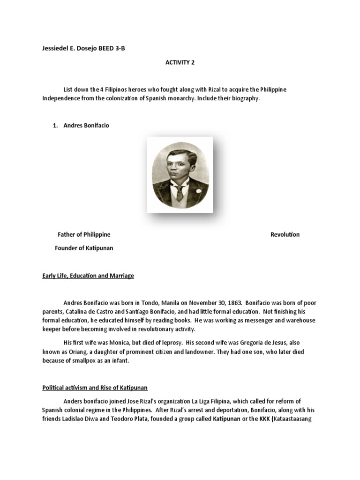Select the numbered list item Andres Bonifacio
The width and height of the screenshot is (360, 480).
click(x=86, y=126)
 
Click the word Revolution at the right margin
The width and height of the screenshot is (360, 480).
click(x=285, y=234)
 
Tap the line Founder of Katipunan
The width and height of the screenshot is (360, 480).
click(x=84, y=248)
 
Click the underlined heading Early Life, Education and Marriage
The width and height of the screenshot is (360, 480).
click(x=88, y=276)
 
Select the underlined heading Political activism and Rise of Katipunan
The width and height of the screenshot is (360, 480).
click(x=95, y=388)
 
